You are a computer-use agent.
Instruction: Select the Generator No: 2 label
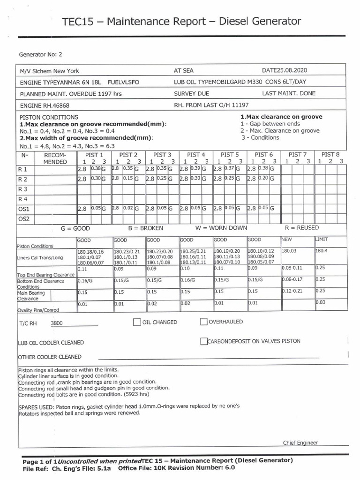(40, 54)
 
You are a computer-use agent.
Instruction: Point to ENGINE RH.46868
(45, 105)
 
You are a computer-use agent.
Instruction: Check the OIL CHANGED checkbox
(137, 322)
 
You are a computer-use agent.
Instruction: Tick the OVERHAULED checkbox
(203, 322)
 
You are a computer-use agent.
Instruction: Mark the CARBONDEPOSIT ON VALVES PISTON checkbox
(203, 341)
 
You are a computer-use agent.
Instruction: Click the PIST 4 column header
(196, 154)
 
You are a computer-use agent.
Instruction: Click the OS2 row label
(23, 218)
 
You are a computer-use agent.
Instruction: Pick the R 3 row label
(23, 189)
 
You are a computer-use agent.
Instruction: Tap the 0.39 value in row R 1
(196, 168)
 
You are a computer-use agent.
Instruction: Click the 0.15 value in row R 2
(127, 179)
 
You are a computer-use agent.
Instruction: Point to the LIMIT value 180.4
(322, 251)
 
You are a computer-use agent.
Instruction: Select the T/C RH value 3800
(56, 323)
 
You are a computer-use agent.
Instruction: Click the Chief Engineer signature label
(300, 442)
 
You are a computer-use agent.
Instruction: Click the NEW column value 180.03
(289, 251)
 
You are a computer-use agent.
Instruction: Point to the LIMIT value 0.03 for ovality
(320, 302)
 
